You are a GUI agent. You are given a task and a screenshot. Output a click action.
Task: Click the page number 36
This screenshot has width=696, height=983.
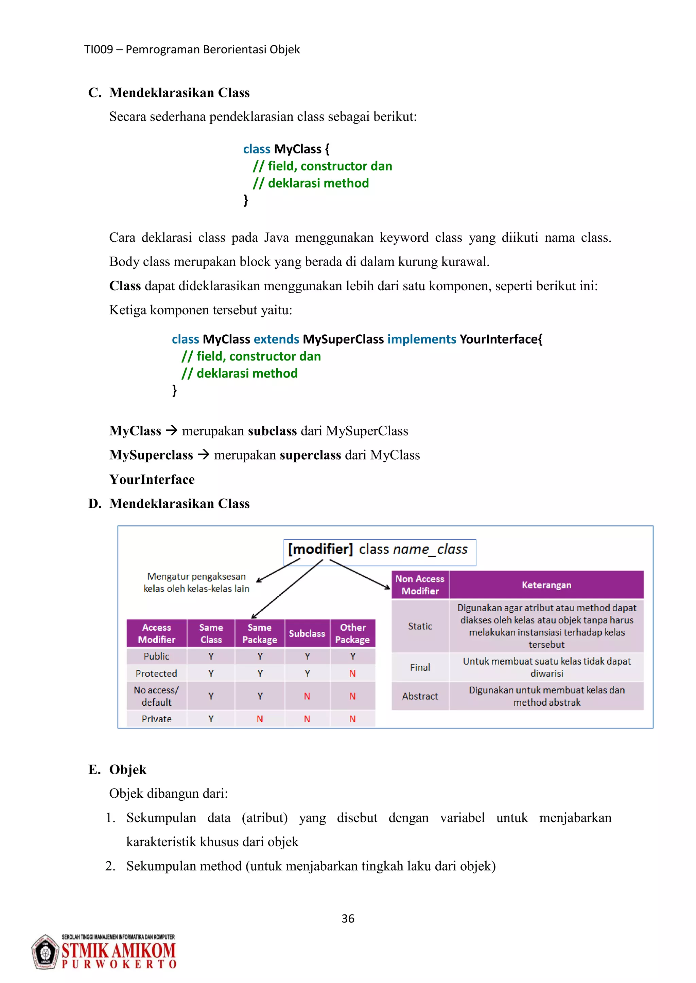[348, 919]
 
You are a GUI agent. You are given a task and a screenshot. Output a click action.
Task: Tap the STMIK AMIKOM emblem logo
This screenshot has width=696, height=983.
[45, 952]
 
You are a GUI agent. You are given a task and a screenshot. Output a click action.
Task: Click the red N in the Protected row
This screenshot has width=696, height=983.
[352, 673]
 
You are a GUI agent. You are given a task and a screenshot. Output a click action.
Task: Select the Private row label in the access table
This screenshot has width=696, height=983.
[156, 719]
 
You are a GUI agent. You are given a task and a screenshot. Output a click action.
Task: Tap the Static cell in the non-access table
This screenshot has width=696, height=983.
[420, 626]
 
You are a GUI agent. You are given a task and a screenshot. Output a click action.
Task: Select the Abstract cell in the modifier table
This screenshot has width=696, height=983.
[420, 696]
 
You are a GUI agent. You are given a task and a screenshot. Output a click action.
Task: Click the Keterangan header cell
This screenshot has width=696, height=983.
[546, 585]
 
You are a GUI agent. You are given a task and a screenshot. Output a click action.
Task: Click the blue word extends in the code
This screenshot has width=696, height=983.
[276, 339]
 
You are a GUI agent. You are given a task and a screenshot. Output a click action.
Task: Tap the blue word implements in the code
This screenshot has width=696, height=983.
[422, 339]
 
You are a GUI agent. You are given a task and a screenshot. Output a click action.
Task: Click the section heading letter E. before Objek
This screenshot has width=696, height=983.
[94, 769]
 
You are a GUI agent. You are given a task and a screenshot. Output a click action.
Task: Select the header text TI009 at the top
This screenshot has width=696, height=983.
[99, 50]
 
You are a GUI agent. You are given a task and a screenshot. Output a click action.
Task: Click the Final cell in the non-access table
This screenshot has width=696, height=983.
[420, 667]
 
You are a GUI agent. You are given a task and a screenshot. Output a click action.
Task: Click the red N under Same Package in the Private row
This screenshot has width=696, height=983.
[260, 719]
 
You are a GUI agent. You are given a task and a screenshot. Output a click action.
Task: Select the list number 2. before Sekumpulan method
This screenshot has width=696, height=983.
[110, 866]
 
